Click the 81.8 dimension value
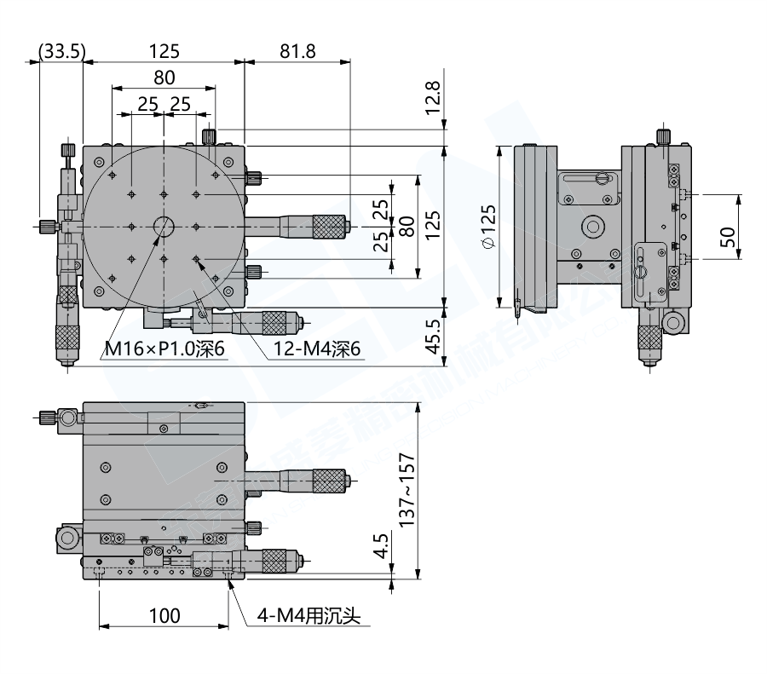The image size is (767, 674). pos(297,52)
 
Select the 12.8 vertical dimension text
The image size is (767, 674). pos(433,99)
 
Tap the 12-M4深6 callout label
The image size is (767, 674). pos(318,350)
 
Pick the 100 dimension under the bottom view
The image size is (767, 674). pos(164,615)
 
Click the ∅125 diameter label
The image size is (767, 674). pos(487,226)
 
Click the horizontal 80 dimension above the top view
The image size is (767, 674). pos(164,78)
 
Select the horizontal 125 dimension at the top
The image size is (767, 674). pos(164,52)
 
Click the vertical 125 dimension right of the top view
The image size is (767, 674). pos(433,226)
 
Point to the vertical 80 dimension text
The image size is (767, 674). pos(407,226)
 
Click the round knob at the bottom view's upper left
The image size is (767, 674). pos(68,418)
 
